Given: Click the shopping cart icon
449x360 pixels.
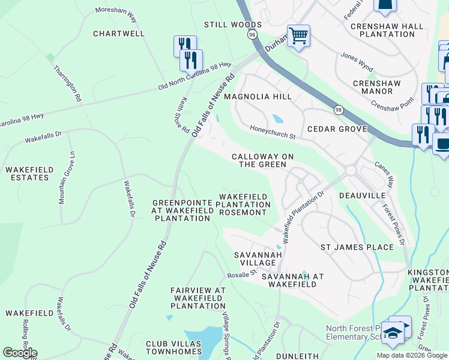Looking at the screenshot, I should pos(298,36).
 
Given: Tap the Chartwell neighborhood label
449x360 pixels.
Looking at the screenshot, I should pos(119,34).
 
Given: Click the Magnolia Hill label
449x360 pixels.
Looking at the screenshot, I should pos(258,97).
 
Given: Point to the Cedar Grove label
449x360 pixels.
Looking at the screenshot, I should pos(337,129).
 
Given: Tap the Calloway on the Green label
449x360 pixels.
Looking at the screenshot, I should pos(263,160).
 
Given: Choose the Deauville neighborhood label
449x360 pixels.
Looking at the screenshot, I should pos(361,196).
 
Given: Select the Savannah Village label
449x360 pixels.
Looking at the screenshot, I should pos(258,259).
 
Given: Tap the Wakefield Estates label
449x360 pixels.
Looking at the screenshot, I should pos(27,173).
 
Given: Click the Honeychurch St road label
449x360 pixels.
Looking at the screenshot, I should pos(273,133).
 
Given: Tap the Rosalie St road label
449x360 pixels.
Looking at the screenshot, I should pos(242,274).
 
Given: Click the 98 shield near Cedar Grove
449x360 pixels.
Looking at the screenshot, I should pos(339,110).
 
